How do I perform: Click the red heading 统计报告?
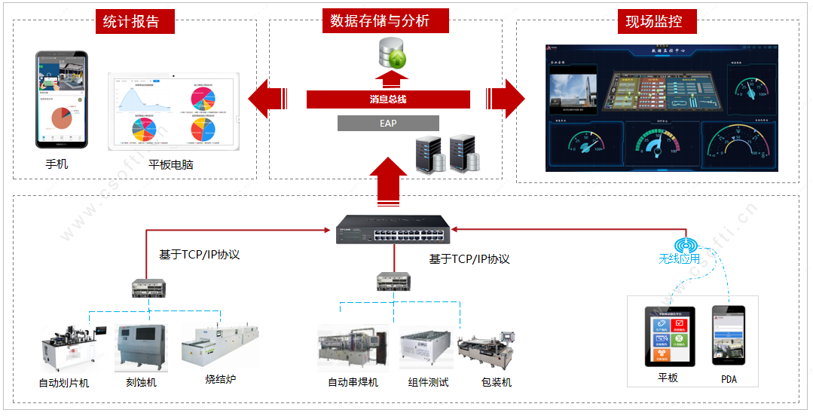click(131, 21)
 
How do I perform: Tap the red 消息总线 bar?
click(388, 99)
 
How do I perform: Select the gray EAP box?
click(388, 123)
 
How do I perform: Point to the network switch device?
click(394, 231)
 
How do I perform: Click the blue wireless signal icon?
click(686, 246)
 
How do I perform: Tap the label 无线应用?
click(679, 259)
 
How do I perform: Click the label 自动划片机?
click(64, 383)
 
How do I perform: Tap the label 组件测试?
click(428, 382)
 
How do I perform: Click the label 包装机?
click(497, 382)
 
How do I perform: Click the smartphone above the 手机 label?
click(62, 99)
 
